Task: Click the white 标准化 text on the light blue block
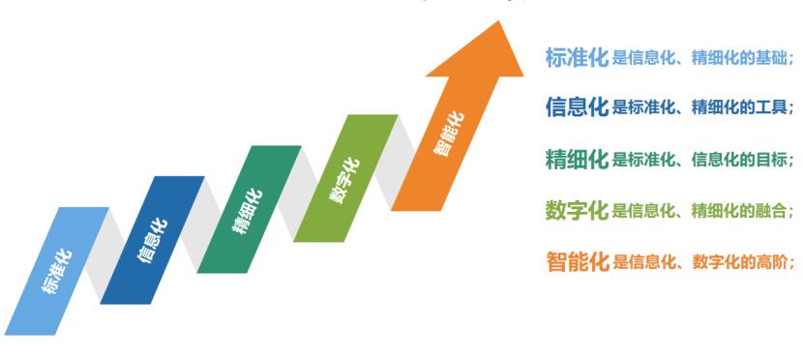pos(57,270)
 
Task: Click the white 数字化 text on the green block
pos(343,180)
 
